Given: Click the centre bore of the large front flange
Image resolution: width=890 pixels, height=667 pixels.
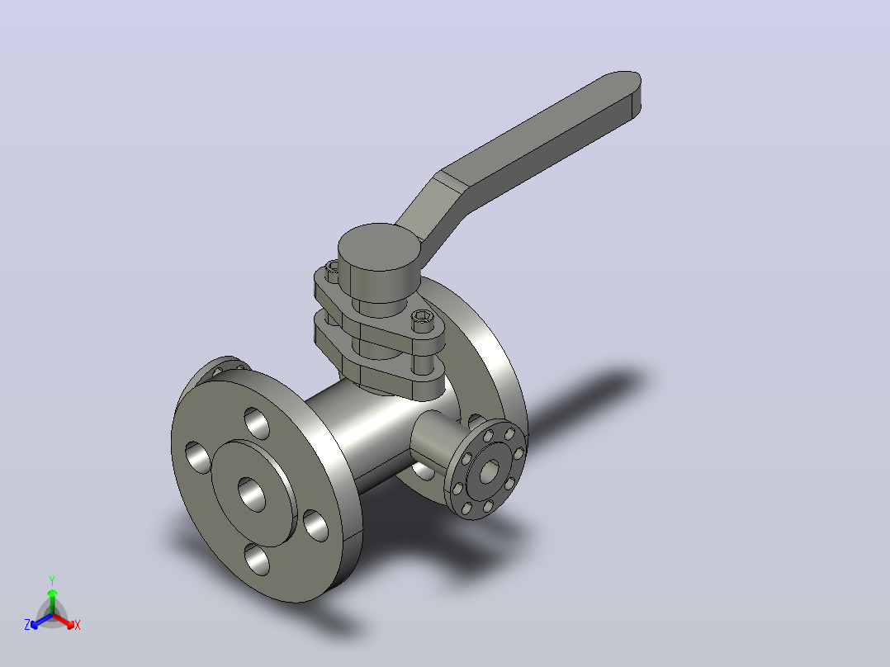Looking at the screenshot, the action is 252,494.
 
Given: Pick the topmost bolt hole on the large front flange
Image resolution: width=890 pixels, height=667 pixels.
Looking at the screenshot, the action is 257,423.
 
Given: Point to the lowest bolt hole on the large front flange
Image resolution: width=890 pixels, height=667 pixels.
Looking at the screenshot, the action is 257,559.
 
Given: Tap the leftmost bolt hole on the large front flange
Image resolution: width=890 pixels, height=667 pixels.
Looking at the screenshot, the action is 197,457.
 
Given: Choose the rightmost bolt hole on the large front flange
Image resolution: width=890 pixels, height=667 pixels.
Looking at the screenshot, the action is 316,526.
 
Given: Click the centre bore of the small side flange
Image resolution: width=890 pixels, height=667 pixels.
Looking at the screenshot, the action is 489,471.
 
